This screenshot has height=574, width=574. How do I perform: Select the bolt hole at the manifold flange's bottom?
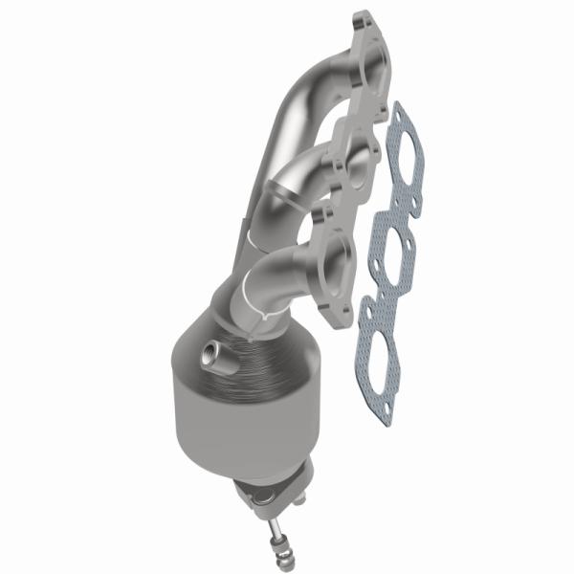(333, 312)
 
